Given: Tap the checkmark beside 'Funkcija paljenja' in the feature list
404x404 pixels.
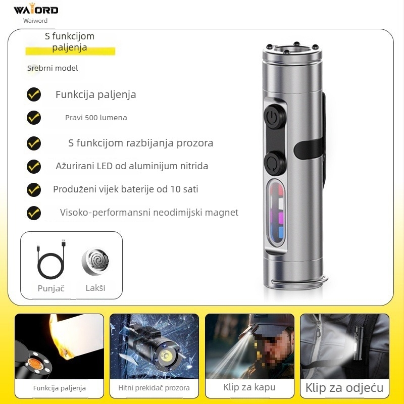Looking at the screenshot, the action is pos(34,94).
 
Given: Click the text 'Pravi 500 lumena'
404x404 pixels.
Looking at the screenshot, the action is pos(96,118).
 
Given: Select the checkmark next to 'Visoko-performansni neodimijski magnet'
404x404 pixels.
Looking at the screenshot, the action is pos(34,213).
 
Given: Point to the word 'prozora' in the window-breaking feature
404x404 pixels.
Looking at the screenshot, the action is pos(195,143).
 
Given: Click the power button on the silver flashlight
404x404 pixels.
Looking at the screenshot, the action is pos(275,117).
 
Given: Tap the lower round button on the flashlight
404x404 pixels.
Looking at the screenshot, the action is pos(275,163).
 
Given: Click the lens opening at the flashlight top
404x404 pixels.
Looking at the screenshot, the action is pos(292,50).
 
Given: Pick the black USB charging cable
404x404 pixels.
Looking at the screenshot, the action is pos(51,259).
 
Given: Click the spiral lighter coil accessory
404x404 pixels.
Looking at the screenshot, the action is pos(95,261).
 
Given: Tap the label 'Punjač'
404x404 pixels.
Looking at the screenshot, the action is pos(51,288).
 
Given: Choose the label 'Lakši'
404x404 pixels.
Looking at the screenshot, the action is pos(95,288).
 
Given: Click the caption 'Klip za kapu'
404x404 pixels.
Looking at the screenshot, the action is pos(249,387).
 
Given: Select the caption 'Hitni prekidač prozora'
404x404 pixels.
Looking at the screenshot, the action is pos(154,388).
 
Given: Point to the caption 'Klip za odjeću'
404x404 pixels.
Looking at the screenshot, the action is pos(344,388).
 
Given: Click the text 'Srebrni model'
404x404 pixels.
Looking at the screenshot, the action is pos(53,68).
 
